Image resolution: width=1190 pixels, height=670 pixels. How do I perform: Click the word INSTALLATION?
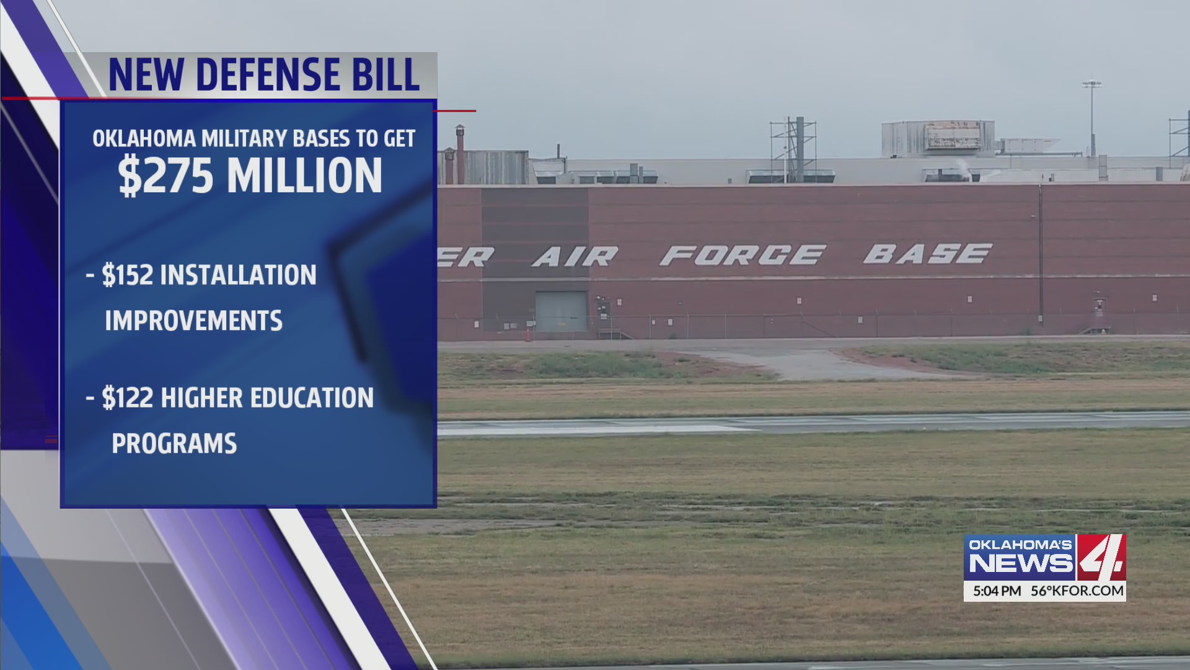pos(238,275)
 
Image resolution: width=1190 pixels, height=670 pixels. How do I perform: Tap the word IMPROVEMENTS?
pos(193,321)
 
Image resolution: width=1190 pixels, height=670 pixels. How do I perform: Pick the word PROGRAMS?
pos(174,444)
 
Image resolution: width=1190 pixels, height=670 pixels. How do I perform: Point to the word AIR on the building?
pos(575,256)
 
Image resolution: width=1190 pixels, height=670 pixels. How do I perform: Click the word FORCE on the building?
pos(742,255)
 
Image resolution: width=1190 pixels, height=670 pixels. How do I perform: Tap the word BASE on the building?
pos(927,253)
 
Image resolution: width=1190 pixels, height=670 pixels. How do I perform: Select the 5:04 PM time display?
pos(997,591)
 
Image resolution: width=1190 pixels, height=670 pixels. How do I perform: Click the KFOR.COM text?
pos(1086,591)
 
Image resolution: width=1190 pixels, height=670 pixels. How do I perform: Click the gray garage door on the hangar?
pos(561,311)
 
